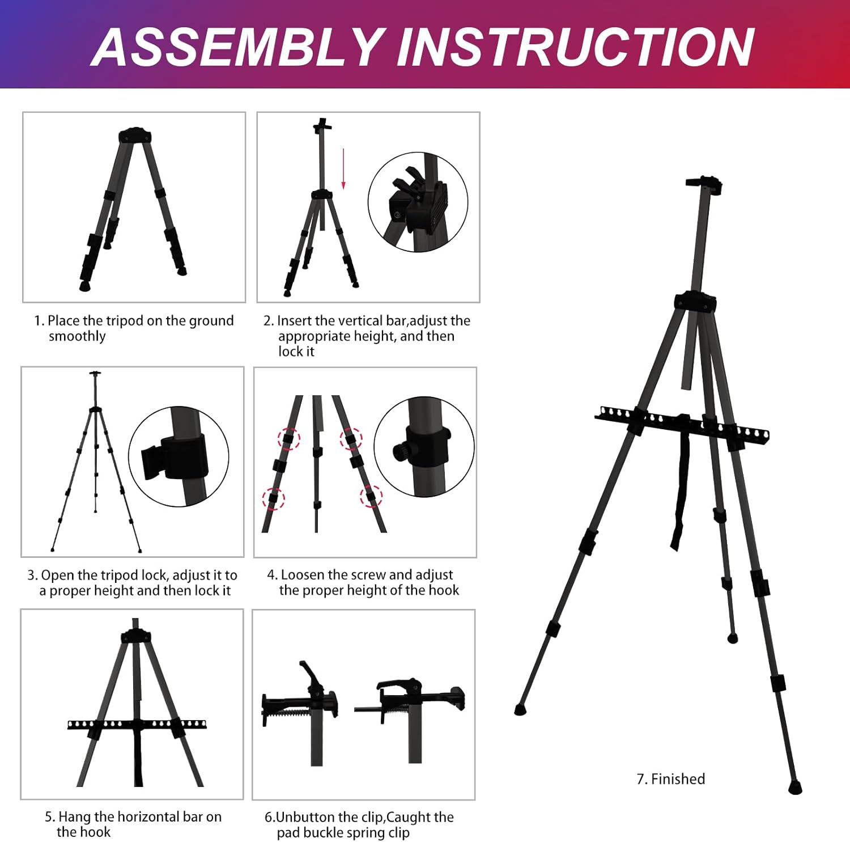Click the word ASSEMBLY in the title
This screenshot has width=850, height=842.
(x=237, y=48)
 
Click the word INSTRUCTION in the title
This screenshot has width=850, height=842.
(x=576, y=48)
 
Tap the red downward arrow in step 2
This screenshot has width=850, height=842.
(x=343, y=169)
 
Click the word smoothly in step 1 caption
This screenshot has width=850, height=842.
(x=77, y=336)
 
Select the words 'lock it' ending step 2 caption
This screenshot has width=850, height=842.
(x=296, y=352)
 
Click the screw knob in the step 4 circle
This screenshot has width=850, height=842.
(x=400, y=451)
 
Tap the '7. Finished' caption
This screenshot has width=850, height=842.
(x=671, y=779)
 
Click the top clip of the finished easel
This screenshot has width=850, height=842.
(x=704, y=185)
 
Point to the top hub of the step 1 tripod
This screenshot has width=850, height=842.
(x=135, y=136)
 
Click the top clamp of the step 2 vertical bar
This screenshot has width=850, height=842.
(x=322, y=126)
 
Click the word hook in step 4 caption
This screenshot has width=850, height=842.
(x=444, y=590)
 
